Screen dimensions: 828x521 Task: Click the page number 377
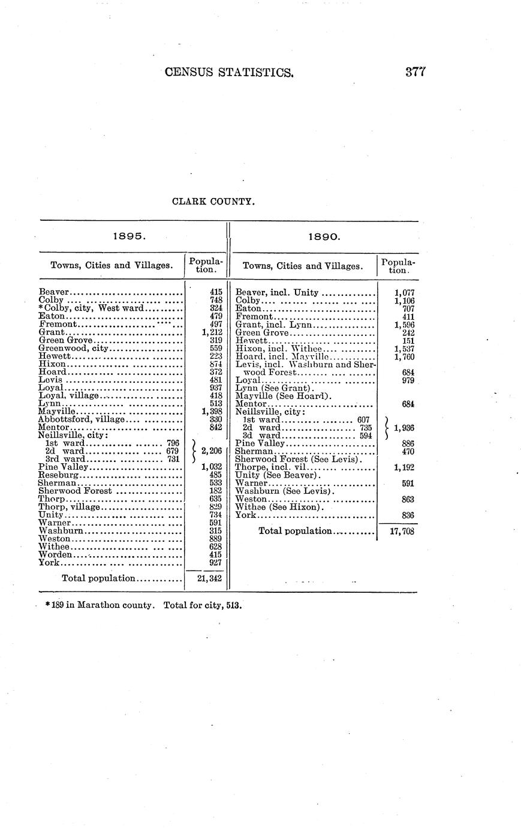(x=415, y=73)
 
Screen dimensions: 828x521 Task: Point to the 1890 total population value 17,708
(x=402, y=531)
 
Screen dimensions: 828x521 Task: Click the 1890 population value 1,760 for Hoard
(x=404, y=357)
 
